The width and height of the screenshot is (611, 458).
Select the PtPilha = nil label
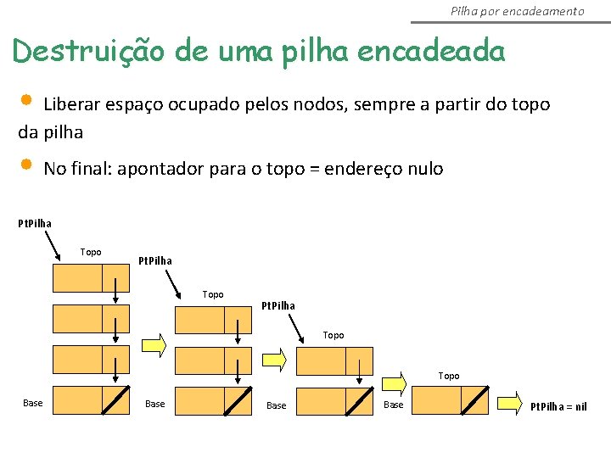[x=558, y=406]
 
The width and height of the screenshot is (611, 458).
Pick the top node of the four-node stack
[x=91, y=277]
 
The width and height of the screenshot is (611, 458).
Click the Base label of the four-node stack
[x=33, y=403]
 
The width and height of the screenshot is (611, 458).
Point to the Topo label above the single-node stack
[x=449, y=376]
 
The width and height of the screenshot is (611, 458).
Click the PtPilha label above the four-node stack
[x=35, y=224]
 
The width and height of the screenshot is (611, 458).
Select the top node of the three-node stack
[x=212, y=320]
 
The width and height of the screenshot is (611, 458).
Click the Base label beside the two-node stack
[x=277, y=406]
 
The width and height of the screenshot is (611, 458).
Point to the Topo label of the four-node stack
[x=91, y=252]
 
